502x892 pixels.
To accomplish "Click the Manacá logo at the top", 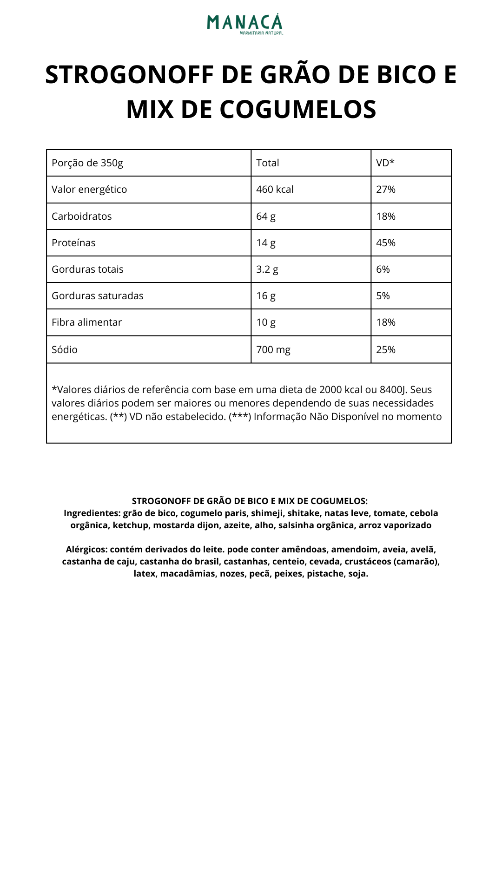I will click(x=245, y=24).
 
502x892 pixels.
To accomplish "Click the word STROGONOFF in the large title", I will click(x=129, y=74).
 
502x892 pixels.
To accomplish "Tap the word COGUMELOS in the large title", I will click(x=297, y=110).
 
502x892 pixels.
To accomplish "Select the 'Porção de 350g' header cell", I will click(x=87, y=163).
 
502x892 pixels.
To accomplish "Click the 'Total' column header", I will click(x=268, y=163).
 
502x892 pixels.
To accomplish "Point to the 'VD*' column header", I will click(x=385, y=163).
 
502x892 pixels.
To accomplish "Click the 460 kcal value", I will click(x=275, y=190).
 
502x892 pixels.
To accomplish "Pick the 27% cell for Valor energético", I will click(x=386, y=190).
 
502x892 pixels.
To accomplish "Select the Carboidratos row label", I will click(x=82, y=216).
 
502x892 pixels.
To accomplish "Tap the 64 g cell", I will click(x=266, y=216).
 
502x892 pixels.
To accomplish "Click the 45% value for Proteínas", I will click(x=386, y=243).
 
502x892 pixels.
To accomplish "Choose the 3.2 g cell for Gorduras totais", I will click(x=267, y=269).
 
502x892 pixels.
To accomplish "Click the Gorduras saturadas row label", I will click(x=98, y=296).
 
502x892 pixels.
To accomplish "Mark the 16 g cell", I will click(x=266, y=296).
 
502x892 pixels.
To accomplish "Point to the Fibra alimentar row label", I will click(x=87, y=322).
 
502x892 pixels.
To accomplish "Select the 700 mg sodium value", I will click(x=273, y=350).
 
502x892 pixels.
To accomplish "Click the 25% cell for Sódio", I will click(x=386, y=350).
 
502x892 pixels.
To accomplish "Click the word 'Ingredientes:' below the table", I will click(x=92, y=513).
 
